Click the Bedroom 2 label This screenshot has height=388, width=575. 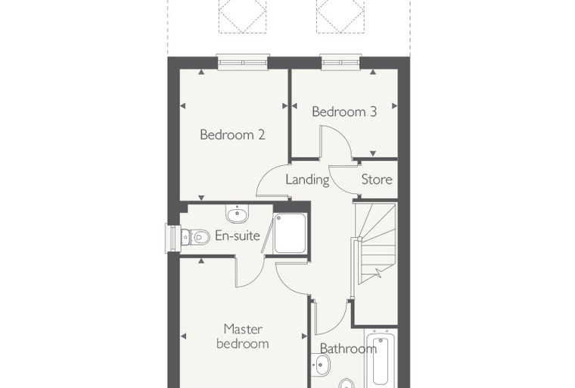[232, 135]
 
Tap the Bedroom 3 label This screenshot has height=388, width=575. [344, 111]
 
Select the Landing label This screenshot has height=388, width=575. [307, 180]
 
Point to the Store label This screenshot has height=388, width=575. [377, 180]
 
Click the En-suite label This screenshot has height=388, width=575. [238, 236]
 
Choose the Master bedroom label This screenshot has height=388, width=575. [243, 336]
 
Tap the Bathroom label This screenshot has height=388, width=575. [348, 348]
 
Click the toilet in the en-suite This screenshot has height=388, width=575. [195, 236]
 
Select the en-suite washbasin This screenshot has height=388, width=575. [238, 214]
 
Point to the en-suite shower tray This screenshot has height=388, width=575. [290, 233]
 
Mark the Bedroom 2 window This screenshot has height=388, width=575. [243, 61]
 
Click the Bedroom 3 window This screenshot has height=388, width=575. [340, 61]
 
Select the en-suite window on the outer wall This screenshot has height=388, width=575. [172, 239]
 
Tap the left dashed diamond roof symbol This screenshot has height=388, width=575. [243, 16]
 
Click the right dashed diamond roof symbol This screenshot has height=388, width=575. [340, 16]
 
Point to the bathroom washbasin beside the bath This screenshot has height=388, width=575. [322, 365]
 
